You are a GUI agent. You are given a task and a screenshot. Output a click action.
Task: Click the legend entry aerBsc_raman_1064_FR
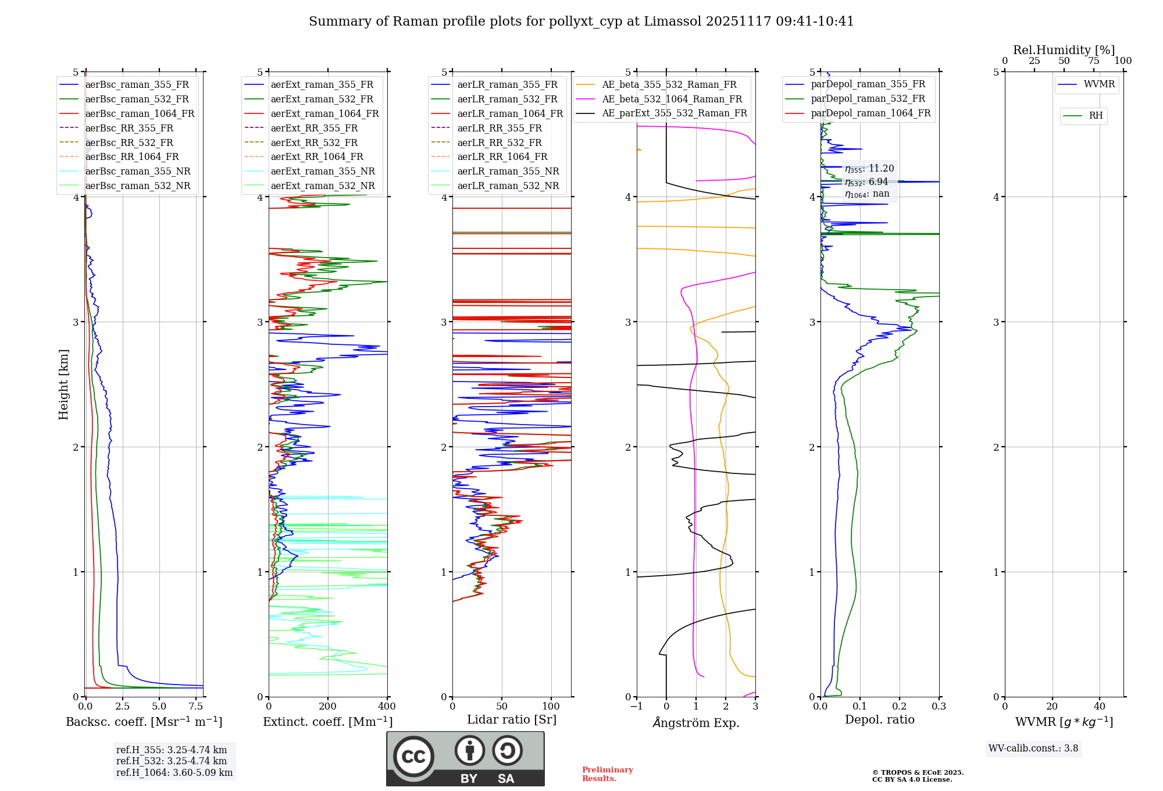pos(140,113)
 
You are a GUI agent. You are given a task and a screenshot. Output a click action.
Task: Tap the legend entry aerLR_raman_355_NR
pos(508,171)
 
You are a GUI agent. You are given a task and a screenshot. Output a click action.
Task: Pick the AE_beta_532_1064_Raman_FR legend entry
pos(672,99)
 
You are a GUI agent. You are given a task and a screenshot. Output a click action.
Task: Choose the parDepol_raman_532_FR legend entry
pos(868,99)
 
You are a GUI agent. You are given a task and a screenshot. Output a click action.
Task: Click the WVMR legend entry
pos(1099,84)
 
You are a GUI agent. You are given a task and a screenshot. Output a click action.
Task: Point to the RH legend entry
pos(1096,116)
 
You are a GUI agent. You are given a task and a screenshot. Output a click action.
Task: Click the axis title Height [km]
pos(63,384)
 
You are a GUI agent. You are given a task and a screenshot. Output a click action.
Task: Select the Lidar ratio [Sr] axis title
pos(512,719)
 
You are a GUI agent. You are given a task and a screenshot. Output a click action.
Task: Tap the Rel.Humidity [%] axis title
pos(1064,50)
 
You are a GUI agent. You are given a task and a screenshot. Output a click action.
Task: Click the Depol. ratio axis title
pos(879,719)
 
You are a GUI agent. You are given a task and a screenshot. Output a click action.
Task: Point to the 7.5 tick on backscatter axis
pos(196,707)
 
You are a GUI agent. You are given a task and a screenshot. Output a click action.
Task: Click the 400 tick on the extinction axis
pos(387,707)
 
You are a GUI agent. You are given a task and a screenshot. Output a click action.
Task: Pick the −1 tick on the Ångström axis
pos(636,707)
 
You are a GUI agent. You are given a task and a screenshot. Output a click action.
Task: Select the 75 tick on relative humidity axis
pos(1093,61)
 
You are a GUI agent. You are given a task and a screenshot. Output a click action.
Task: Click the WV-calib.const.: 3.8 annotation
pos(1033,749)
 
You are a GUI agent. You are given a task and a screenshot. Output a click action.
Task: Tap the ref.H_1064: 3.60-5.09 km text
pos(174,773)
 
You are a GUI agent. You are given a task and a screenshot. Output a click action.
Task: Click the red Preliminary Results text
pos(607,774)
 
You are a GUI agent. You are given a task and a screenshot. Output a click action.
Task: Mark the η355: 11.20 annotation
pos(869,169)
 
